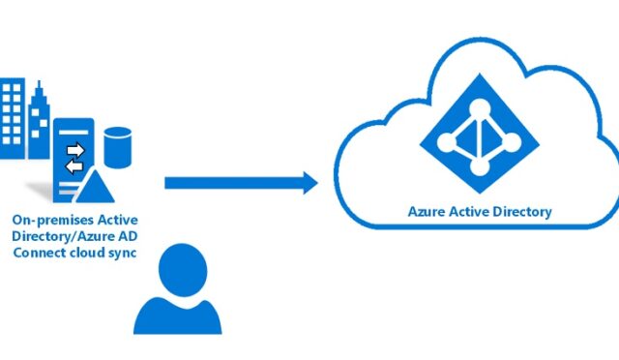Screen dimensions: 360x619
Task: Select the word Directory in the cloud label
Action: tap(519, 210)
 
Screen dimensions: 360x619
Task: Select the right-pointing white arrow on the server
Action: tap(74, 150)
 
